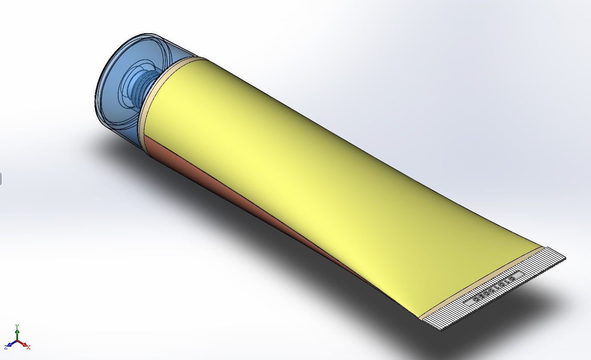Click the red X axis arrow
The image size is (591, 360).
tap(24, 345)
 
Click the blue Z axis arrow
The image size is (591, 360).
tap(10, 345)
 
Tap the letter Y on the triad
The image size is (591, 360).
tap(17, 326)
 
